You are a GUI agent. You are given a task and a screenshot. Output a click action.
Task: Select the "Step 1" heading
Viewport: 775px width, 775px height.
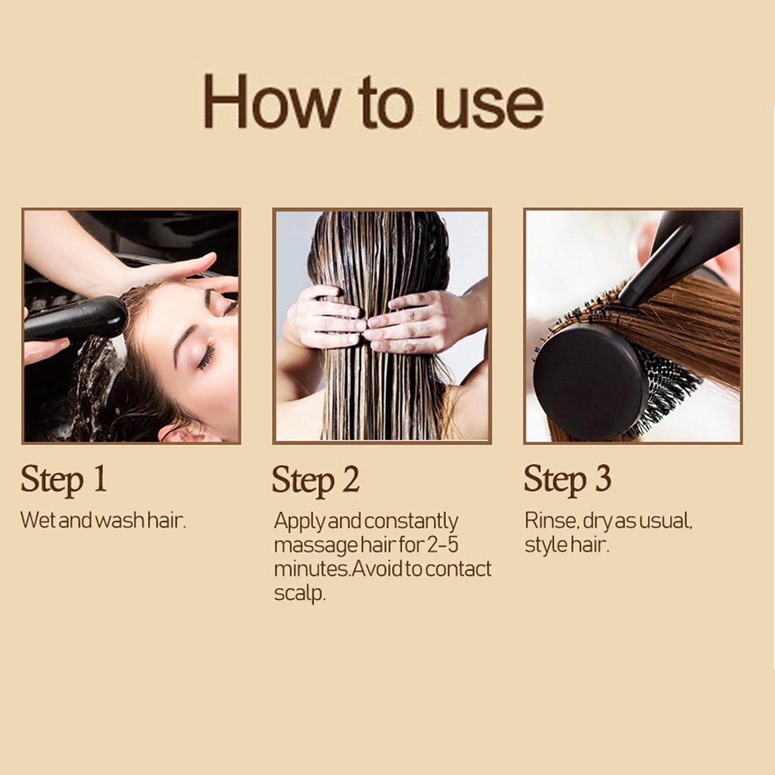tap(63, 480)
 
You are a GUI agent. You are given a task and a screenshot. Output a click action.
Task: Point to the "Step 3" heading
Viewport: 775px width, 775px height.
tap(567, 480)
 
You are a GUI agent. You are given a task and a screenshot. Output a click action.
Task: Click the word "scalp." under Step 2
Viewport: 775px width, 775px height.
tap(300, 593)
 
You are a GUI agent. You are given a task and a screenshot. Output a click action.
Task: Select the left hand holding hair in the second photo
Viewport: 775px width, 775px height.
tap(325, 318)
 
